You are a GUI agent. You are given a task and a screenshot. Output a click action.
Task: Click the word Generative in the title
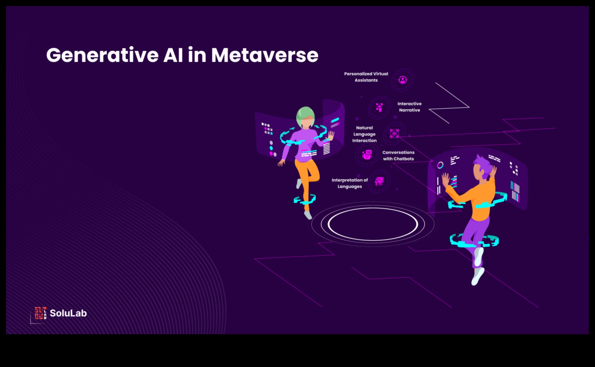[102, 55]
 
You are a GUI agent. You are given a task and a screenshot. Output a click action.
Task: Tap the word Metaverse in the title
[265, 55]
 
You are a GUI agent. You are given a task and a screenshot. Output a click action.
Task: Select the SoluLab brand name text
[68, 313]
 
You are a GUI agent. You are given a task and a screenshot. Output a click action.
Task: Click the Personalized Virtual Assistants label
[366, 77]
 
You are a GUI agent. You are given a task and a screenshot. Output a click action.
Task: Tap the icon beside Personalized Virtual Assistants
[403, 80]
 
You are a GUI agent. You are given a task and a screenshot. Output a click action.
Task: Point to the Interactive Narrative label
[410, 107]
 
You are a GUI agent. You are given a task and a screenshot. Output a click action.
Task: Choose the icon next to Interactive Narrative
[379, 107]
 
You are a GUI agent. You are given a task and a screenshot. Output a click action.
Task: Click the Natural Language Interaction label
[364, 134]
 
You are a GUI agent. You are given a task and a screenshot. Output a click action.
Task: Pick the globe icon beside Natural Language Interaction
[394, 134]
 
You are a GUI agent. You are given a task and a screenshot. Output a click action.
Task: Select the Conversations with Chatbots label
[398, 155]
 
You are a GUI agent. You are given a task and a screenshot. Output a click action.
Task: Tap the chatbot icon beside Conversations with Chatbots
[367, 155]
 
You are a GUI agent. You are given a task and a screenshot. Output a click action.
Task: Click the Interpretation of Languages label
[350, 183]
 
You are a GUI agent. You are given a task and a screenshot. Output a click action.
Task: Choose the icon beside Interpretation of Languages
[379, 181]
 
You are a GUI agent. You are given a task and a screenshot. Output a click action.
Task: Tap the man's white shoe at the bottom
[478, 276]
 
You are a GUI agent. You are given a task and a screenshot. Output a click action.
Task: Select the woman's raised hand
[330, 136]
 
